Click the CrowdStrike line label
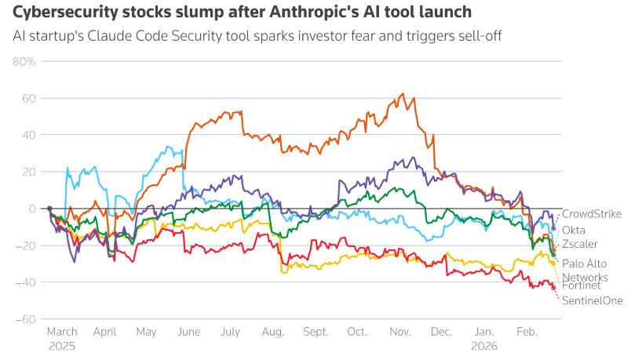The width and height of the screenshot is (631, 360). [x=592, y=214]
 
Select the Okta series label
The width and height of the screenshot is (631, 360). [x=574, y=230]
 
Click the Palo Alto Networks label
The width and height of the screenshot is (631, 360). [x=585, y=271]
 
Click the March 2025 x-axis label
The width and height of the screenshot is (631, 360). [x=63, y=338]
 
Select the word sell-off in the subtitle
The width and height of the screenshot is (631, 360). [x=480, y=35]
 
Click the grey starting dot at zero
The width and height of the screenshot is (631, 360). [x=49, y=209]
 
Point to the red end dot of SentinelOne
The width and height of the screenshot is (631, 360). [x=553, y=287]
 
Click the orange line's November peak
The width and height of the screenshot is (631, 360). [x=403, y=94]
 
